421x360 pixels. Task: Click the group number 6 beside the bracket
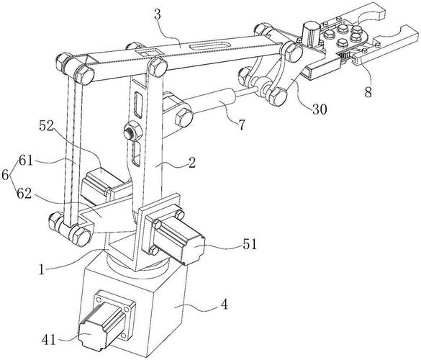point(7,177)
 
